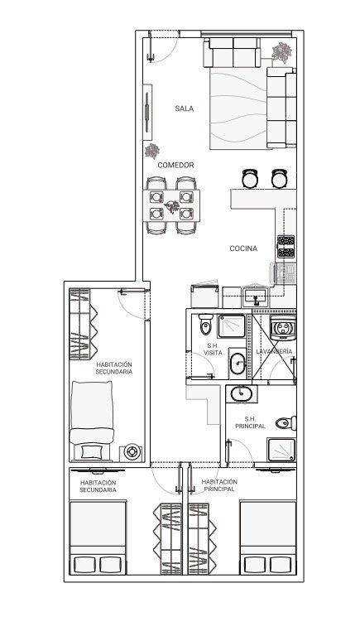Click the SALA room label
coord(185,108)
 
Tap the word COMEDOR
coord(175,166)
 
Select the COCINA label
coord(243,248)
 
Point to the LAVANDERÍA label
coord(274,351)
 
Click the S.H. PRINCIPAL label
coord(251,422)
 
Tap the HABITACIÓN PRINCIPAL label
coord(219,485)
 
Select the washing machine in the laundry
coord(283,327)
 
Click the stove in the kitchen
coord(286,247)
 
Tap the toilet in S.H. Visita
coord(205,324)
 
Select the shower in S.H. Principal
coord(281,450)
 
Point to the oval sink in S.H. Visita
coord(238,364)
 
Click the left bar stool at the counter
coord(250,179)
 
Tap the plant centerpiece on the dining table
coord(172,206)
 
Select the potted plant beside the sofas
coord(281,52)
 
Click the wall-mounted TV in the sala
coord(147,112)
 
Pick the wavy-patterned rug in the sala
coord(238,109)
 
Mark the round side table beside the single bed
coord(131,451)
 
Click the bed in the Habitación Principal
coord(268,537)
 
